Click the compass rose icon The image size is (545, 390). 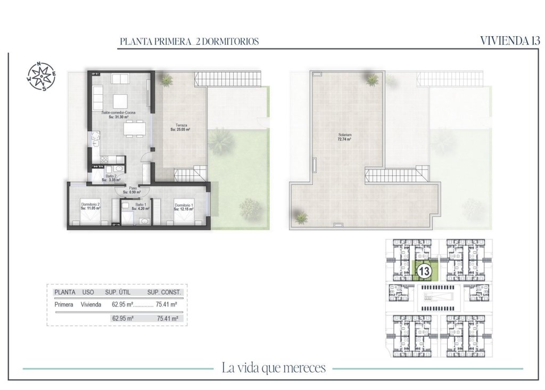pyautogui.click(x=42, y=76)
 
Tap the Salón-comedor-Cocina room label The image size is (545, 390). pyautogui.click(x=118, y=113)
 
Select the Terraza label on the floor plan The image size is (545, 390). pyautogui.click(x=180, y=125)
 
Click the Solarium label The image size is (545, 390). pyautogui.click(x=344, y=135)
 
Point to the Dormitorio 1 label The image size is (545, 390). pyautogui.click(x=184, y=205)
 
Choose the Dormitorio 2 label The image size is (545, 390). pyautogui.click(x=91, y=205)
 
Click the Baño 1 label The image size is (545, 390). pyautogui.click(x=141, y=205)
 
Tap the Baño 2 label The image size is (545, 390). pyautogui.click(x=111, y=176)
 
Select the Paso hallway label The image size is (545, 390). pyautogui.click(x=133, y=188)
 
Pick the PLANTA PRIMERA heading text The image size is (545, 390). pyautogui.click(x=154, y=42)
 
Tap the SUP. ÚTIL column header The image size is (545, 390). pyautogui.click(x=118, y=292)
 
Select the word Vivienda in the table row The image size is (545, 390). pyautogui.click(x=91, y=305)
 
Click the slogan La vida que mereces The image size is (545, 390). pyautogui.click(x=272, y=368)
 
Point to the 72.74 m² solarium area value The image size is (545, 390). pyautogui.click(x=344, y=139)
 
